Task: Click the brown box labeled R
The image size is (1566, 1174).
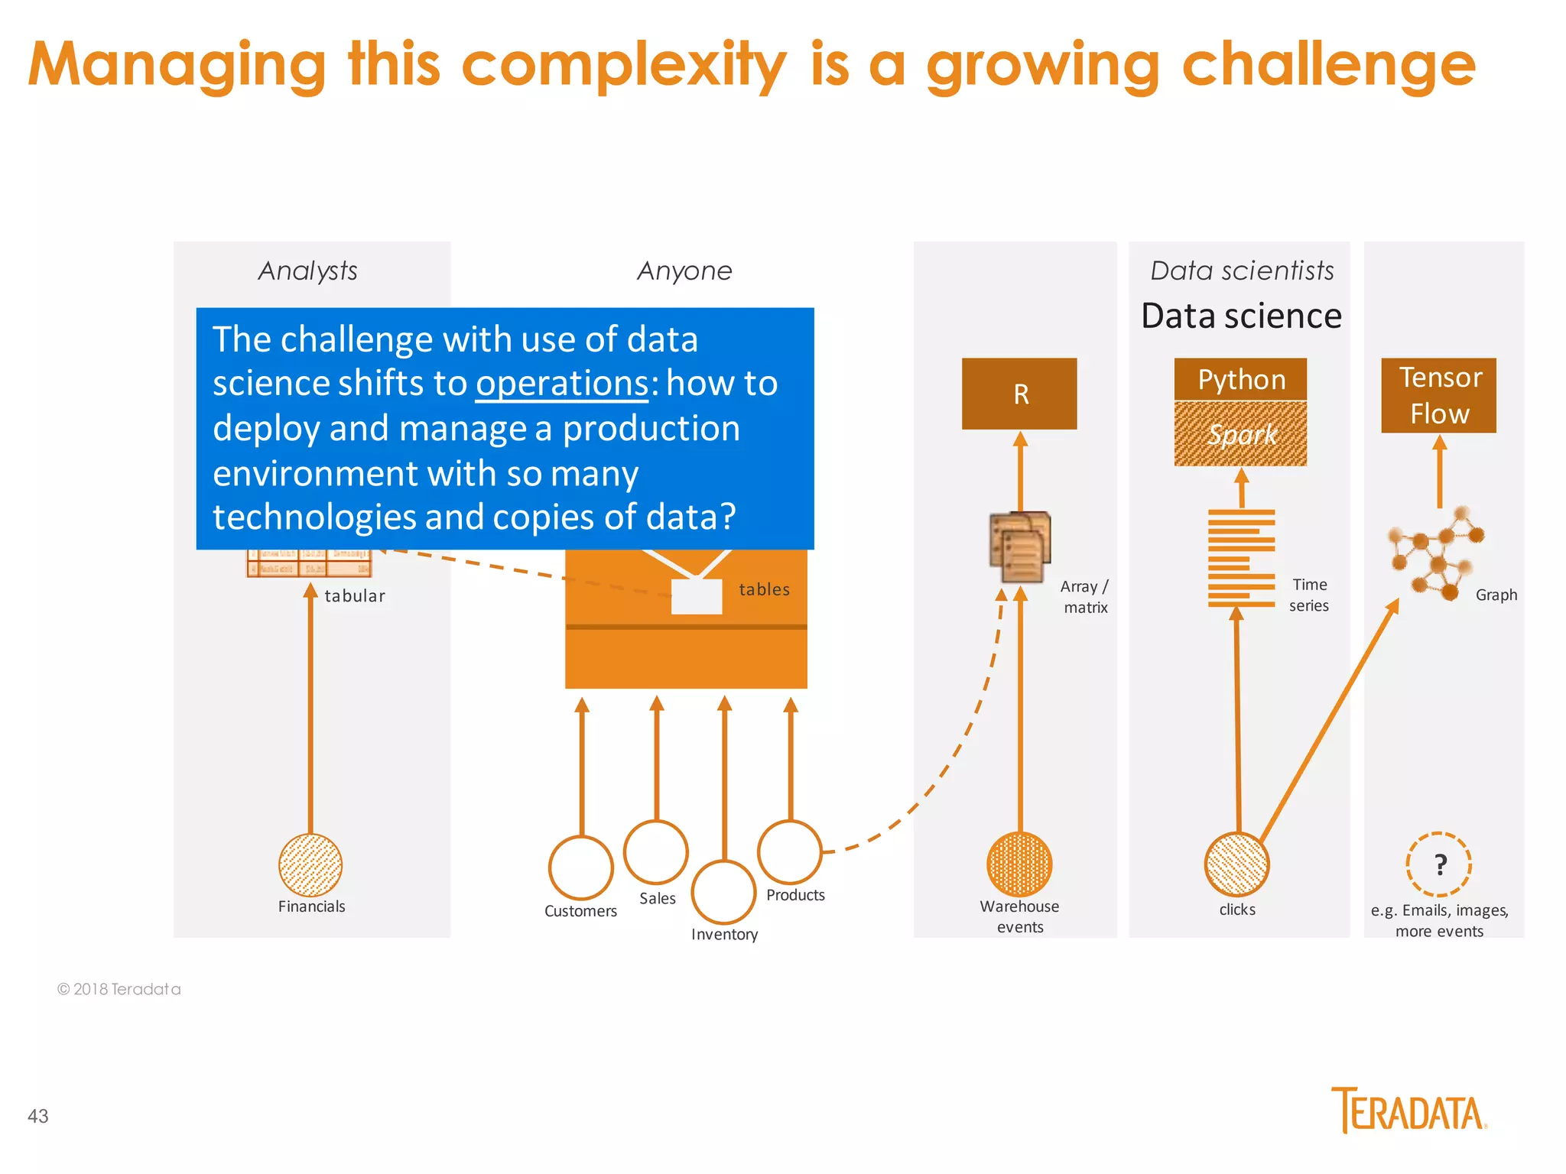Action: [1019, 394]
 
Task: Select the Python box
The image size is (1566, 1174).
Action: [1240, 379]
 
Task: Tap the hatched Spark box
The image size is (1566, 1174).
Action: [1240, 434]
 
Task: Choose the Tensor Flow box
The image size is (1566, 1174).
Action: [1438, 395]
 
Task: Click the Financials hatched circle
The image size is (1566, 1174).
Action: [310, 865]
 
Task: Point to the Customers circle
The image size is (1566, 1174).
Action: [580, 868]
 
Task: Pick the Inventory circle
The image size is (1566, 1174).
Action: [723, 892]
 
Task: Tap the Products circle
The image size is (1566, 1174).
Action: [790, 851]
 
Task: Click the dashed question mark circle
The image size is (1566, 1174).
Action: [1438, 864]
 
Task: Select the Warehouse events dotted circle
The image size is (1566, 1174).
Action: [1019, 864]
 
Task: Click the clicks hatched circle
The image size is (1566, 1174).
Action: [1236, 864]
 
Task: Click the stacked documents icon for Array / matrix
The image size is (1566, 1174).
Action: [1020, 547]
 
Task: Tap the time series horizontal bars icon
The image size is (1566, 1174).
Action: [1240, 558]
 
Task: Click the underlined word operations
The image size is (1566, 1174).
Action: [562, 383]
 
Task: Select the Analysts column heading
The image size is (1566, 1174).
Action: [308, 271]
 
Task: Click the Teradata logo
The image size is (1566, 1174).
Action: [1408, 1111]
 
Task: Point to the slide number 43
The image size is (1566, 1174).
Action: [38, 1116]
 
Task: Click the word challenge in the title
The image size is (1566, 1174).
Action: [1328, 65]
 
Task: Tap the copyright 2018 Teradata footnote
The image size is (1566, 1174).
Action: [119, 989]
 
